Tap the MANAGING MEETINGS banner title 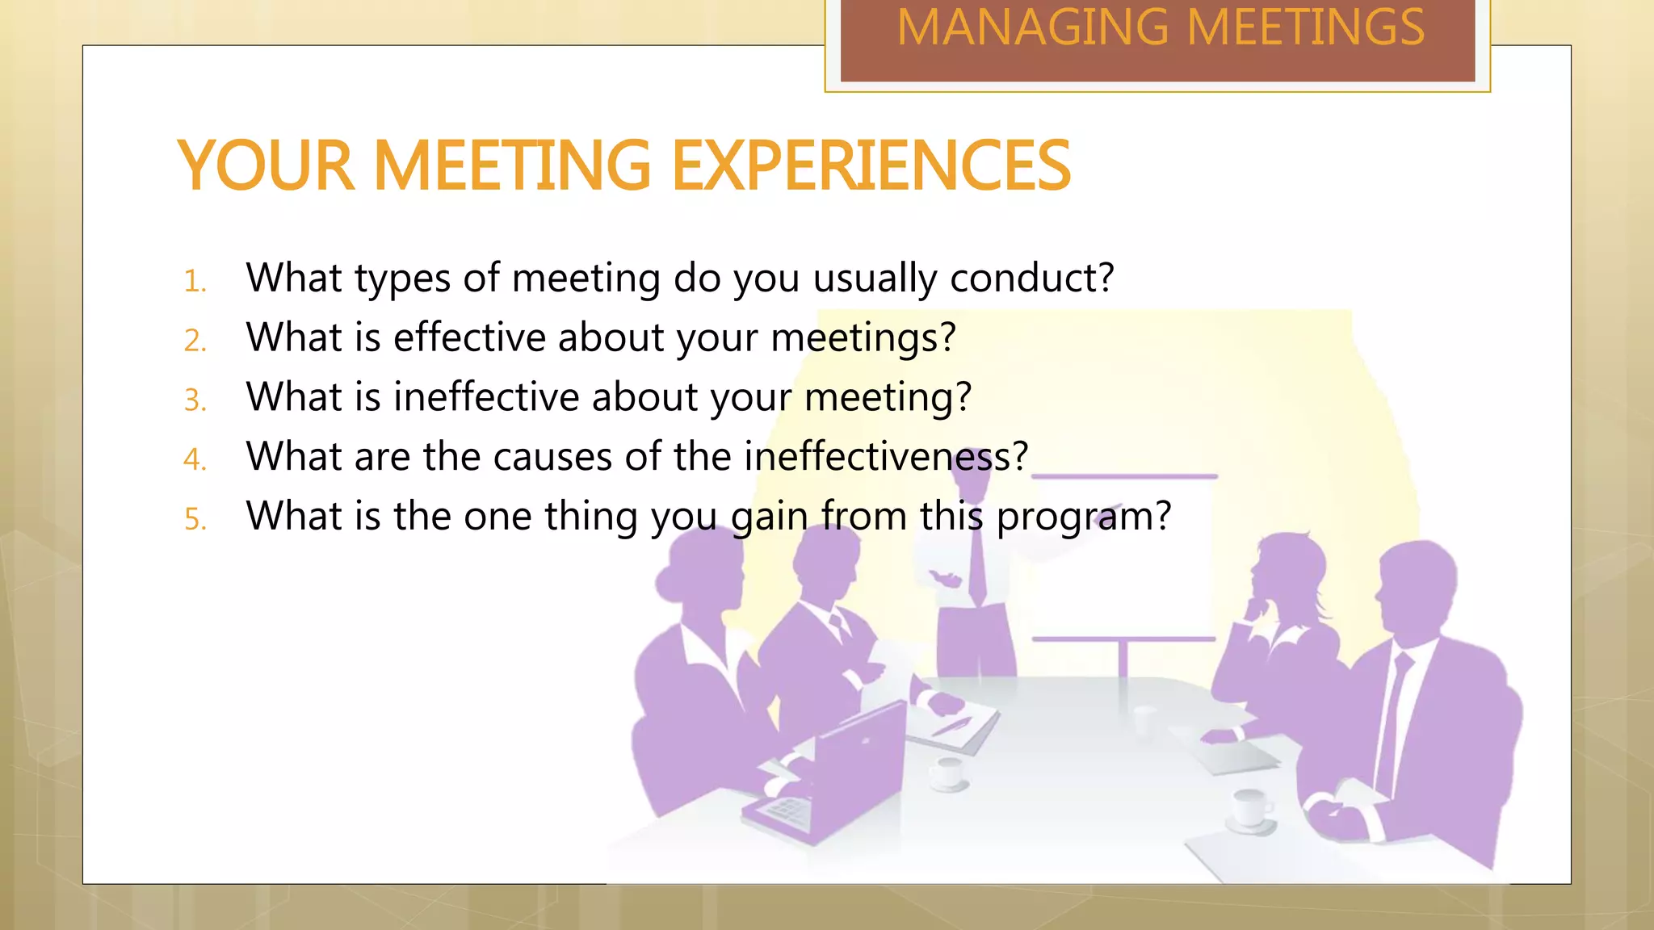1161,28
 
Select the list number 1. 195,282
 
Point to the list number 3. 195,400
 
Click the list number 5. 195,519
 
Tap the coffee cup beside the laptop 947,773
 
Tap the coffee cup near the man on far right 1249,807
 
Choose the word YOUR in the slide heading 266,165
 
